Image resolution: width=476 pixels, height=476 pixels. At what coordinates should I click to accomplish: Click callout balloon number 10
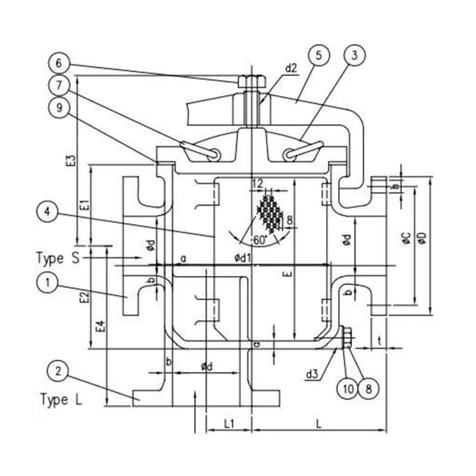tap(347, 389)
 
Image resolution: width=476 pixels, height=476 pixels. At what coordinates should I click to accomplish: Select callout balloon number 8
tap(368, 389)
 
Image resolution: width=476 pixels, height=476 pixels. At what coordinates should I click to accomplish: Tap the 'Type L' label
tap(61, 400)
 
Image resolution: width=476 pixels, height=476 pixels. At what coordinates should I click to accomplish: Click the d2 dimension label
tap(291, 68)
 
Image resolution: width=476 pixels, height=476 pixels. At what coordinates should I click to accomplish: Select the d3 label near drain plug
tap(312, 375)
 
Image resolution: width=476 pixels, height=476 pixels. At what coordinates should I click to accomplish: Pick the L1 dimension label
tap(229, 424)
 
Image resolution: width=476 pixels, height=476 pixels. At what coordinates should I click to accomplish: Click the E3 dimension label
tap(70, 161)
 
